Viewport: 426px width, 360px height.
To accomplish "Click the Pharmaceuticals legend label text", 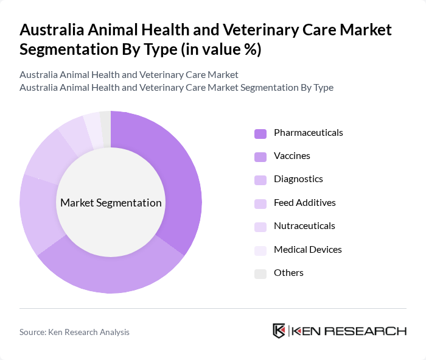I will [308, 133].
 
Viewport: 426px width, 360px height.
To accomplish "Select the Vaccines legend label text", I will [292, 156].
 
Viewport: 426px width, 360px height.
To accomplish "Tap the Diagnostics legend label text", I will [298, 179].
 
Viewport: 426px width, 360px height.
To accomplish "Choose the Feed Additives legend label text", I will [304, 202].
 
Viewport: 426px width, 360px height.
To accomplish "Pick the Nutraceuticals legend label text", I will [304, 226].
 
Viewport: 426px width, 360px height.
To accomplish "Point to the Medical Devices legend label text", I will [307, 249].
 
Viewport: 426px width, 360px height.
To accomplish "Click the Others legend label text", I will [288, 272].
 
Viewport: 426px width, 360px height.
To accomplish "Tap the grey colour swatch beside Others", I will [260, 274].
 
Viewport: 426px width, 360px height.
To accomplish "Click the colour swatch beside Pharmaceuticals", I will [260, 133].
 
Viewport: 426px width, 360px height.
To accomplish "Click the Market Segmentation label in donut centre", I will [111, 203].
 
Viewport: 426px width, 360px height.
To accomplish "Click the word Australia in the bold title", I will [51, 30].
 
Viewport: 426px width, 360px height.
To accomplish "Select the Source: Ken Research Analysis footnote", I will [74, 332].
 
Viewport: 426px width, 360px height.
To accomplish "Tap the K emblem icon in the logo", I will [279, 331].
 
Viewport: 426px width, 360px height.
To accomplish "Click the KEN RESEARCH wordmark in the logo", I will [349, 331].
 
